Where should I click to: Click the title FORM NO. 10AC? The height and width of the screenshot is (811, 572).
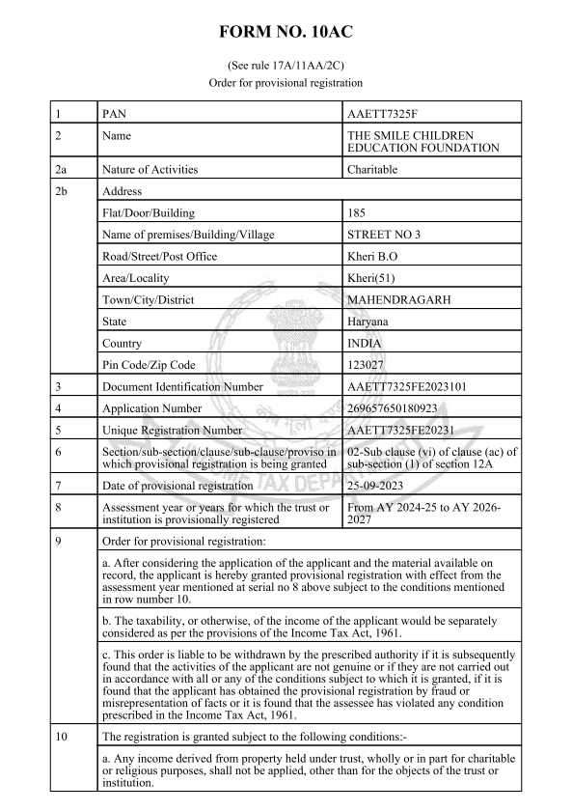click(x=286, y=32)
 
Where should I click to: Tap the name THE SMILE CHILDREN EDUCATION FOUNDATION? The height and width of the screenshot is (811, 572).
click(x=422, y=141)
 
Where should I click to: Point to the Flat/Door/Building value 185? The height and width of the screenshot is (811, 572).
click(x=356, y=212)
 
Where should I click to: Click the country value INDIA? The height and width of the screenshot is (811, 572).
click(x=364, y=343)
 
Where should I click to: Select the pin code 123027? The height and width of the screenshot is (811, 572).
click(x=367, y=365)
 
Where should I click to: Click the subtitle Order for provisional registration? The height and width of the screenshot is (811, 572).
click(x=286, y=83)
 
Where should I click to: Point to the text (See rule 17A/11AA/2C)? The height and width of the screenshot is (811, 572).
click(x=286, y=65)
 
